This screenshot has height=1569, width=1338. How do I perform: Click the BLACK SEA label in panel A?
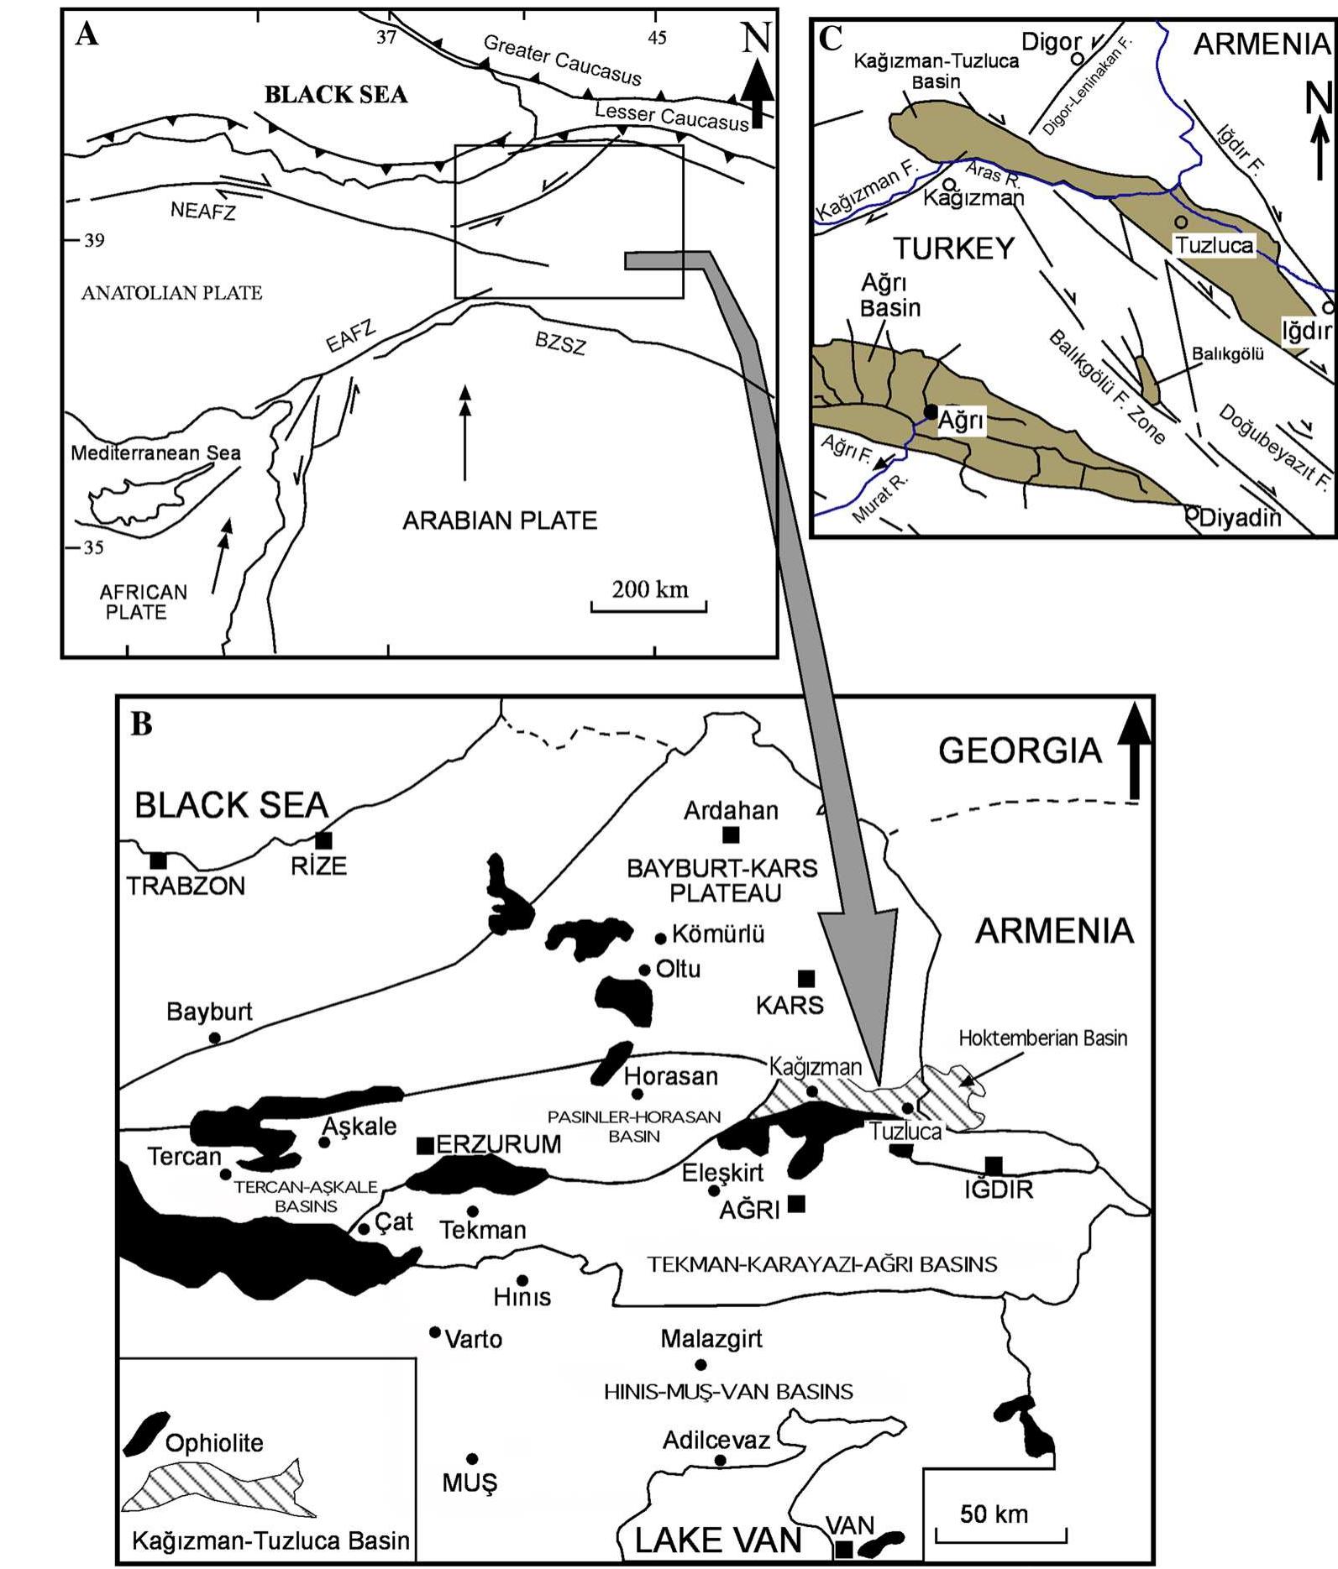tap(335, 94)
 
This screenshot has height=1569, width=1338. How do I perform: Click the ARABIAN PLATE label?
tap(500, 520)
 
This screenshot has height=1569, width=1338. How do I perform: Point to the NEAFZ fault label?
tap(203, 210)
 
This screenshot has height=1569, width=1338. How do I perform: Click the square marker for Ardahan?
tap(731, 834)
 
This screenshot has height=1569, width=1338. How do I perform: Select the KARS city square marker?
tap(805, 978)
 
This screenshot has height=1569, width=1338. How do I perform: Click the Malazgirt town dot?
tap(700, 1364)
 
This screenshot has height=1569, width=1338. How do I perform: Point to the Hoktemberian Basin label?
tap(1042, 1038)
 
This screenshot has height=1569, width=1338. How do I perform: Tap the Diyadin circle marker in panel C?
tap(1191, 512)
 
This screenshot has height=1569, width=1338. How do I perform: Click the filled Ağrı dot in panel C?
tap(931, 411)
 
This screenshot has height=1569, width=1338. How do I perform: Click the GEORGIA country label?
tap(1019, 751)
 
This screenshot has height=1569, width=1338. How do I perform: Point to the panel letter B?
tap(141, 723)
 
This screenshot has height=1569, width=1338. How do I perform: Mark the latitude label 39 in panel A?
tap(94, 241)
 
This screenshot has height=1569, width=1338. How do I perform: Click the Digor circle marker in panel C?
tap(1077, 59)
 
